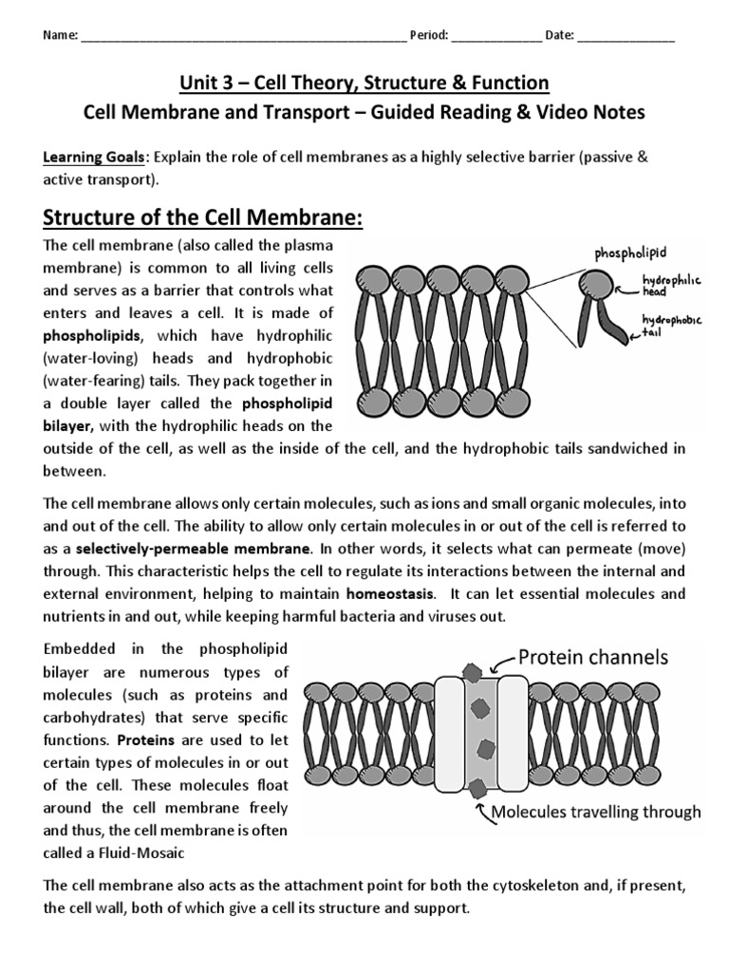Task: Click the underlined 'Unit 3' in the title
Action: point(203,84)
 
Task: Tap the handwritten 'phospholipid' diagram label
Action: point(631,253)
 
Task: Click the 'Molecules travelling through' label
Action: point(595,812)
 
